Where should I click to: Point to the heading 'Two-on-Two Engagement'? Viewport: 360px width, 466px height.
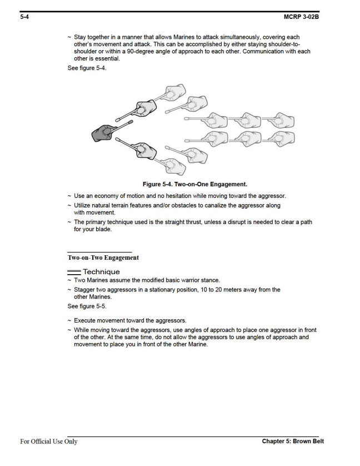103,257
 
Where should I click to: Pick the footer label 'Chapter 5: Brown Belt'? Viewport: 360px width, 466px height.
293,442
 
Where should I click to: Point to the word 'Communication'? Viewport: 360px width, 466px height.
252,52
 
